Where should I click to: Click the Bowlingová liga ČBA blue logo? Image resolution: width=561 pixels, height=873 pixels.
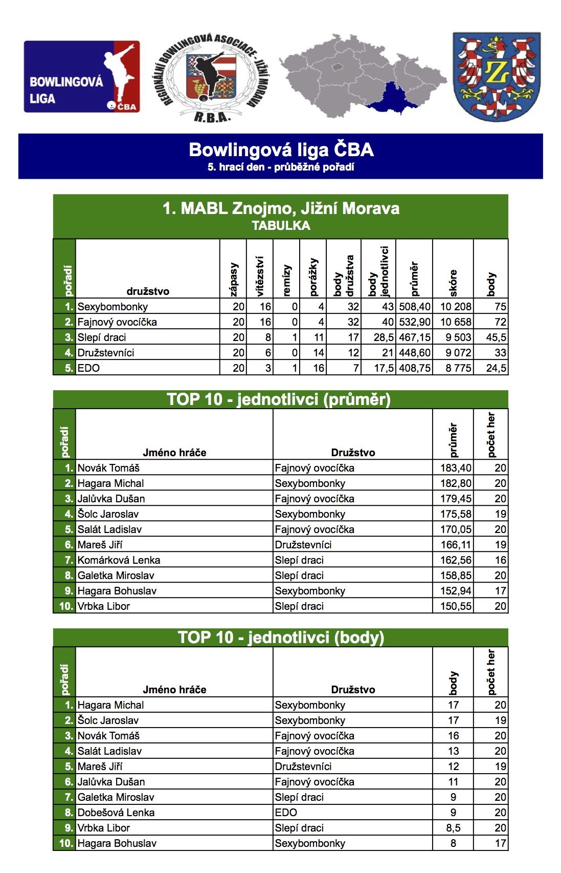pyautogui.click(x=82, y=77)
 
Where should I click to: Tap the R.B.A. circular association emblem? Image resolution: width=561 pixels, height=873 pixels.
pyautogui.click(x=212, y=77)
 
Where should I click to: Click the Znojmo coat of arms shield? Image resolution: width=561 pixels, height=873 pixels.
pyautogui.click(x=496, y=77)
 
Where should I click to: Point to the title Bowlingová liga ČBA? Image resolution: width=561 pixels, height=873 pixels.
pyautogui.click(x=281, y=150)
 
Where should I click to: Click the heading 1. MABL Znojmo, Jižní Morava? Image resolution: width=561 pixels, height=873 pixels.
pyautogui.click(x=281, y=209)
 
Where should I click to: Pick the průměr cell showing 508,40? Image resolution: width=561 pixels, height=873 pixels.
pyautogui.click(x=415, y=307)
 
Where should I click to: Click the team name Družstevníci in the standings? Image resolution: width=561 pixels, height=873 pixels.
pyautogui.click(x=106, y=353)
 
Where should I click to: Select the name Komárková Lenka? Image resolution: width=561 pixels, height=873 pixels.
pyautogui.click(x=119, y=560)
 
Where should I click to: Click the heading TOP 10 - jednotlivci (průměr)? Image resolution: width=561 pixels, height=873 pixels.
pyautogui.click(x=279, y=399)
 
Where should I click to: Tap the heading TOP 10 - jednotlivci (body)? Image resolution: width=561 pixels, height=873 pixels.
pyautogui.click(x=281, y=637)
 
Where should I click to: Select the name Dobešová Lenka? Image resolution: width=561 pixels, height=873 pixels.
pyautogui.click(x=116, y=813)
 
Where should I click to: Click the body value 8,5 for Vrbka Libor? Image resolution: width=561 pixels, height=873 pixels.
pyautogui.click(x=453, y=828)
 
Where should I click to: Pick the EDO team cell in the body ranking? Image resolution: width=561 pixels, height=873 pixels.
pyautogui.click(x=286, y=813)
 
